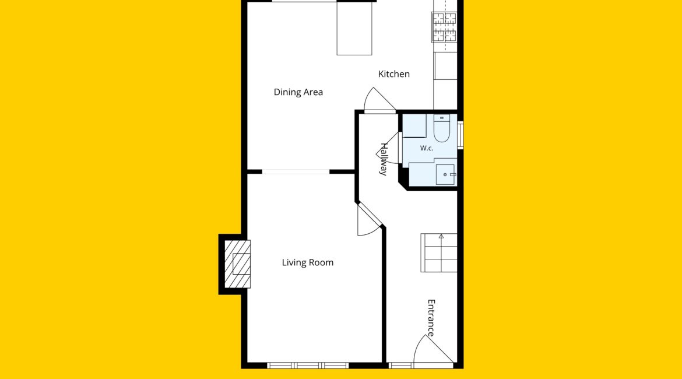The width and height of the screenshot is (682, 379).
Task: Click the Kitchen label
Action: (393, 74)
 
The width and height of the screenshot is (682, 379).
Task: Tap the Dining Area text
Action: (298, 92)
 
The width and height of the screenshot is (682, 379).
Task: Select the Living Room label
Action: (308, 262)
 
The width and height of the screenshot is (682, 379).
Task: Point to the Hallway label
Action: (383, 159)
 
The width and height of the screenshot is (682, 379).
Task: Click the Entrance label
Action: (431, 318)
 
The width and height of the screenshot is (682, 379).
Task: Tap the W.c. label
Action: (427, 148)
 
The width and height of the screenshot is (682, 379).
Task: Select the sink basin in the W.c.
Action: (445, 174)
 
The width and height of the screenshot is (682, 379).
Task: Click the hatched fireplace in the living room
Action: (237, 264)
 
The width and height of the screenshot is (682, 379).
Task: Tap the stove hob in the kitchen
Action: (445, 27)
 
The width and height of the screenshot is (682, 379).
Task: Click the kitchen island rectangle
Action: (354, 29)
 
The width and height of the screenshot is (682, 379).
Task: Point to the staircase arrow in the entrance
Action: (441, 236)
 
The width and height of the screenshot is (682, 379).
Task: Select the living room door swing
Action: (369, 220)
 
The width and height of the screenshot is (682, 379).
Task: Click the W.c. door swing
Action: (388, 148)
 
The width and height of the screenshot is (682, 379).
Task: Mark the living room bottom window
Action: (308, 366)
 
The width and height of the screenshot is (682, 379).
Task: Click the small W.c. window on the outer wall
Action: (460, 135)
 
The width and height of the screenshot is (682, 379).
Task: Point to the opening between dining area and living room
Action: (296, 172)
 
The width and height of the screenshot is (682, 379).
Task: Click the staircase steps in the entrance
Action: (439, 253)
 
